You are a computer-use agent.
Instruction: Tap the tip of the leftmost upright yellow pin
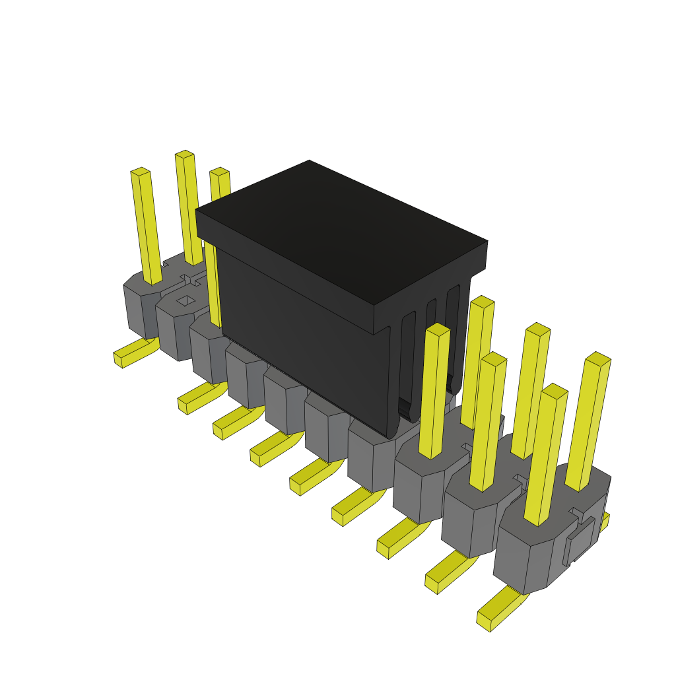click(140, 172)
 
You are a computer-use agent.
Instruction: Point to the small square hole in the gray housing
click(186, 301)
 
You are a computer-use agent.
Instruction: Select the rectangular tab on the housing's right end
click(580, 541)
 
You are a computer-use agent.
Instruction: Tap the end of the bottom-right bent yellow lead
click(484, 621)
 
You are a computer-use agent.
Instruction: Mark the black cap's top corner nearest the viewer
click(374, 306)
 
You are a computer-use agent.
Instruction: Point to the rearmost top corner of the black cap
click(309, 162)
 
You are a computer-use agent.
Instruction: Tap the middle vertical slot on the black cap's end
click(430, 343)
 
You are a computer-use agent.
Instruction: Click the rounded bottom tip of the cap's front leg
click(393, 432)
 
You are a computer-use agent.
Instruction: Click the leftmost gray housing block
click(140, 307)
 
